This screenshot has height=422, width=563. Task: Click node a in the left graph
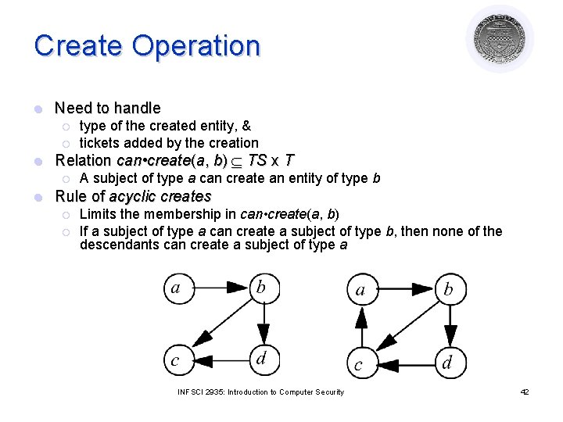tap(178, 288)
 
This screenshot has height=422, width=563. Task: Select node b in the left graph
tap(261, 288)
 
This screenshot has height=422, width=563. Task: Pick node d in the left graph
tap(262, 359)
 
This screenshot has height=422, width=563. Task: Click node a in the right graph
tap(360, 290)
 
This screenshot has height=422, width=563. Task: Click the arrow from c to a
tap(360, 327)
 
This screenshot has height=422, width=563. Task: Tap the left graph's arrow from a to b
tap(220, 288)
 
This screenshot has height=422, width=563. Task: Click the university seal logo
tap(500, 38)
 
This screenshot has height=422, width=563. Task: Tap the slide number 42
tap(525, 392)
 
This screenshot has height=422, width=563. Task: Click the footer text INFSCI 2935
tap(206, 392)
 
